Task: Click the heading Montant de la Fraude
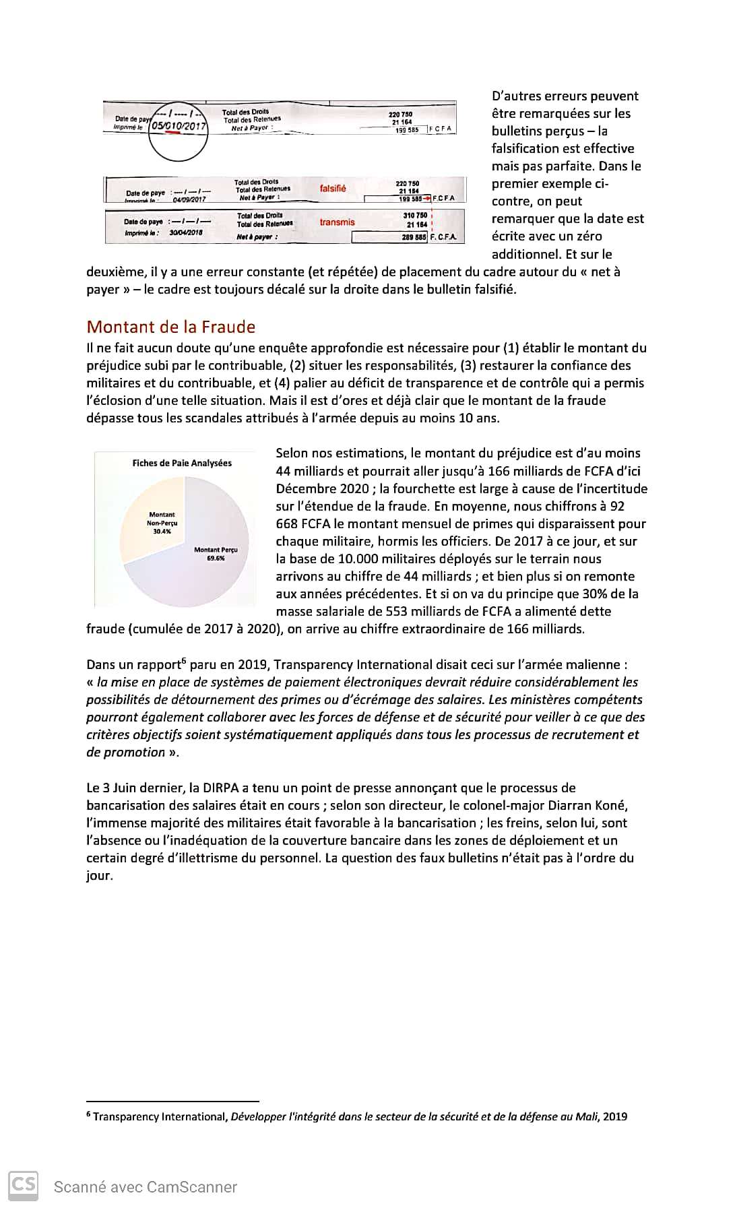[x=171, y=327]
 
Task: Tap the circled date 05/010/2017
[x=179, y=126]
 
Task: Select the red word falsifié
[x=333, y=189]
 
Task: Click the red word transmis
[x=337, y=222]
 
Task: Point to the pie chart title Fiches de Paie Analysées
[x=182, y=463]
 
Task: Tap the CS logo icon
[x=23, y=1184]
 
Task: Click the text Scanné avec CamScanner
[x=146, y=1187]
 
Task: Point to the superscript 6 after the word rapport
[x=184, y=661]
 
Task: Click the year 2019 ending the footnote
[x=615, y=1116]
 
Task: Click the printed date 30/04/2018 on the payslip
[x=187, y=233]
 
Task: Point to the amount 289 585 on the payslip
[x=415, y=237]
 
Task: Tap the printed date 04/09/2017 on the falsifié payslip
[x=189, y=199]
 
